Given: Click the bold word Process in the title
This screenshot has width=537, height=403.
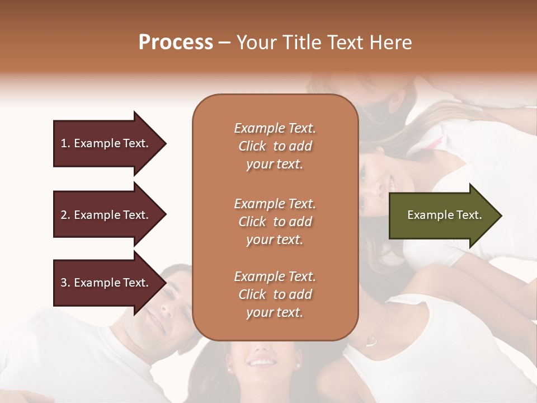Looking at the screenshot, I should click(x=176, y=43).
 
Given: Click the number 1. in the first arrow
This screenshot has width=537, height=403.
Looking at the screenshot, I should click(x=65, y=143).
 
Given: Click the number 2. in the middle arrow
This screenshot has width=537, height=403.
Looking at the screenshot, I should click(x=65, y=215).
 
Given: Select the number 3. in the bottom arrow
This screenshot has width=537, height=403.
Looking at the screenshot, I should click(x=65, y=283).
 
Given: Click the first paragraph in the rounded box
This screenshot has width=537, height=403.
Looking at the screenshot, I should click(x=275, y=146).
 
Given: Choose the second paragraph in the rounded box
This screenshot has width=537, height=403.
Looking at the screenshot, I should click(x=275, y=222).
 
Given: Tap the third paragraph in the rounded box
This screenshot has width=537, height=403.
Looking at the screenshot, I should click(x=275, y=294).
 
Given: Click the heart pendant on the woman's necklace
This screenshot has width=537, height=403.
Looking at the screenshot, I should click(x=371, y=340).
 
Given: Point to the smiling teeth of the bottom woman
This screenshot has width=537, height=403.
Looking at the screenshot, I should click(x=261, y=363).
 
